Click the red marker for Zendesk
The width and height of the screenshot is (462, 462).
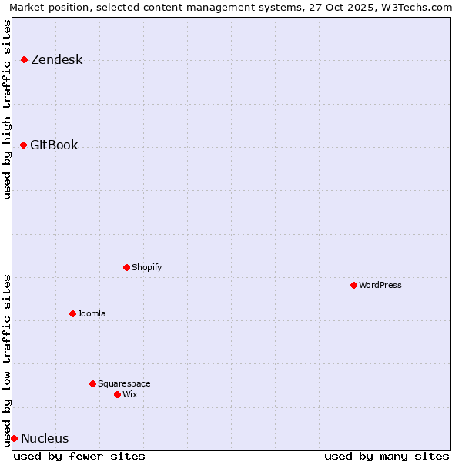point(24,59)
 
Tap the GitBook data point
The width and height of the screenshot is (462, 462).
point(23,145)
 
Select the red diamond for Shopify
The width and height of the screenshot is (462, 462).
point(126,267)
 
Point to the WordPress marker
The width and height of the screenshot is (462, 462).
point(353,285)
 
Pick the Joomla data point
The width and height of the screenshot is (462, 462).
point(72,313)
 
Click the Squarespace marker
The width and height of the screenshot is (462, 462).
point(92,383)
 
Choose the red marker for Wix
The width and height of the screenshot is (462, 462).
point(117,394)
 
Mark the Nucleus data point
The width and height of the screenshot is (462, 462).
point(14,438)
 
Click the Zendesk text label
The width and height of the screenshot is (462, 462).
point(56,60)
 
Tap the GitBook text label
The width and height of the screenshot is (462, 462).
point(54,146)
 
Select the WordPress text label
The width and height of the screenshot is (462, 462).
point(380,286)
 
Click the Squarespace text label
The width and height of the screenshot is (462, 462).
point(124,384)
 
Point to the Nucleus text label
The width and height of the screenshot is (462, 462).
point(45,439)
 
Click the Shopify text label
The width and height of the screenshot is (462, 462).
point(146,268)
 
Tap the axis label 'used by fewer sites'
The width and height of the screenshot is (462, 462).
point(79,456)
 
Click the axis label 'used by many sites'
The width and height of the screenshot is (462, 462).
point(387,456)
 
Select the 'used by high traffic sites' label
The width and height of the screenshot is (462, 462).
point(7,109)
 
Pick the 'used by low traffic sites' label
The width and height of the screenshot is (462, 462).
point(7,360)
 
